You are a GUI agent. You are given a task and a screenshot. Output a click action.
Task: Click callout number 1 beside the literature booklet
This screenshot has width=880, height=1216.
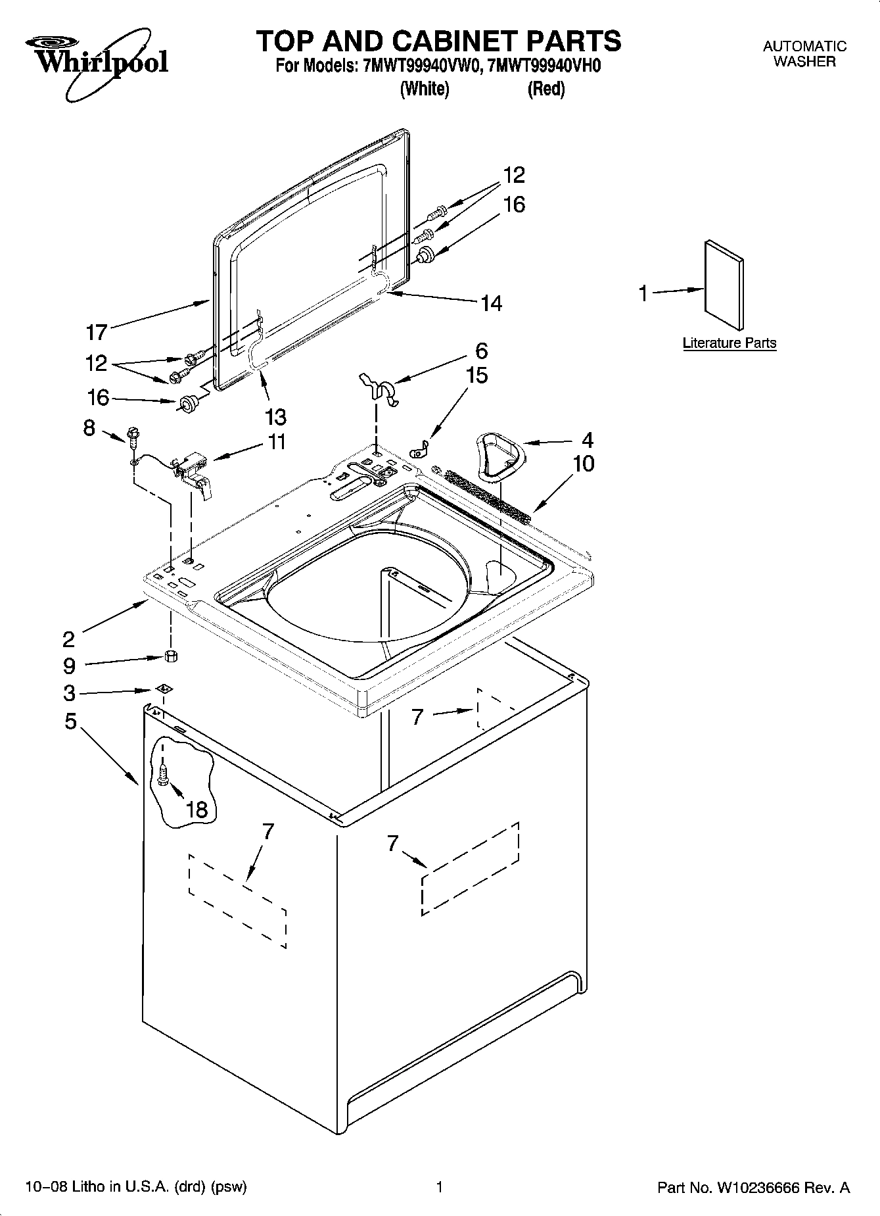click(644, 293)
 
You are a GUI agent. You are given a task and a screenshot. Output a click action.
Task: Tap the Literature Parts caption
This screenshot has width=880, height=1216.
click(729, 343)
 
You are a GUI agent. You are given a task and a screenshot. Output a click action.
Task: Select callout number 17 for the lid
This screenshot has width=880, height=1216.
click(97, 333)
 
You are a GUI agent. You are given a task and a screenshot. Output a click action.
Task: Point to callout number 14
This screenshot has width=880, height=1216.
click(491, 303)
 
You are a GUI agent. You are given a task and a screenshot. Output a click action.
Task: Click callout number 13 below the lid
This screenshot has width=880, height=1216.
click(276, 416)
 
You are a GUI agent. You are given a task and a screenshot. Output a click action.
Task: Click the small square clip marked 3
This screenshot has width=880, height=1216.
click(164, 689)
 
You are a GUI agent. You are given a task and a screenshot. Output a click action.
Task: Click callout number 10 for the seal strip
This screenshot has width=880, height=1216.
click(584, 464)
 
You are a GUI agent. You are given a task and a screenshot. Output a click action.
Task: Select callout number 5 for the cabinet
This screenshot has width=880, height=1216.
click(71, 721)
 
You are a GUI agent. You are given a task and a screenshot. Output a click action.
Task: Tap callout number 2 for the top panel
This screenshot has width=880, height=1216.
click(69, 638)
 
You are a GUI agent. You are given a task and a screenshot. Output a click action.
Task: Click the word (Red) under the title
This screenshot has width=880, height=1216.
click(546, 89)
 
